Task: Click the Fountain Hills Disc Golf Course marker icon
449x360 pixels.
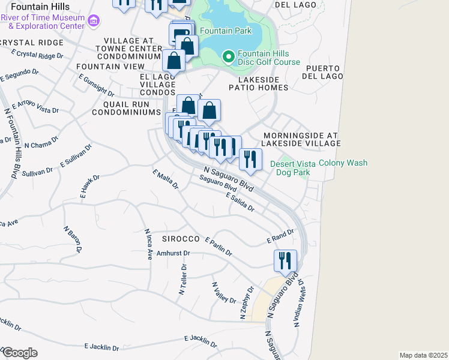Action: (228, 57)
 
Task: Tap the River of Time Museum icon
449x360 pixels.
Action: (93, 22)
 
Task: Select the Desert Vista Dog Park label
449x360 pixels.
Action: (293, 167)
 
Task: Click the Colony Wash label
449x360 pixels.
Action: (343, 163)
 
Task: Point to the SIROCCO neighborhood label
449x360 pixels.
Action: (180, 239)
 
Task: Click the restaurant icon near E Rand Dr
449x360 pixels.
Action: (285, 260)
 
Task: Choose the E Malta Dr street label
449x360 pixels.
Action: (166, 179)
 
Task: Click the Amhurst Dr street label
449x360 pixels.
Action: (156, 254)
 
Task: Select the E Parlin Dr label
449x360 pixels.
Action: (218, 247)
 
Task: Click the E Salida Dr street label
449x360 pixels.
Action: (240, 203)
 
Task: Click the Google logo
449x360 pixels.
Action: (19, 352)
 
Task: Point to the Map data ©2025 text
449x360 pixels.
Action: (423, 355)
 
